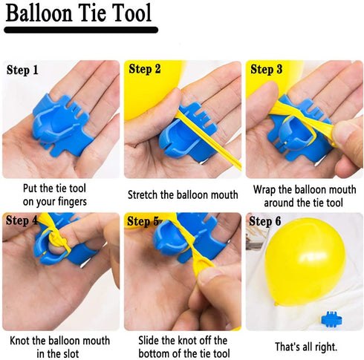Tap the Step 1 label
(x=22, y=70)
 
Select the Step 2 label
(x=145, y=69)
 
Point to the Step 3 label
(x=267, y=69)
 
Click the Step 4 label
(x=22, y=220)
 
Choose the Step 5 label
(x=143, y=221)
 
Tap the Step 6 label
(x=265, y=221)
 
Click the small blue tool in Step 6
(x=332, y=319)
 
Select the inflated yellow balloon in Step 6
(x=305, y=261)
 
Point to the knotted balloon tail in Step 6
(x=277, y=303)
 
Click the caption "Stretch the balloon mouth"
(x=183, y=195)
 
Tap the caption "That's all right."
(x=306, y=347)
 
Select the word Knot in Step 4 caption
(x=19, y=341)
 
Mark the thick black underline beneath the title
(x=81, y=30)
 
